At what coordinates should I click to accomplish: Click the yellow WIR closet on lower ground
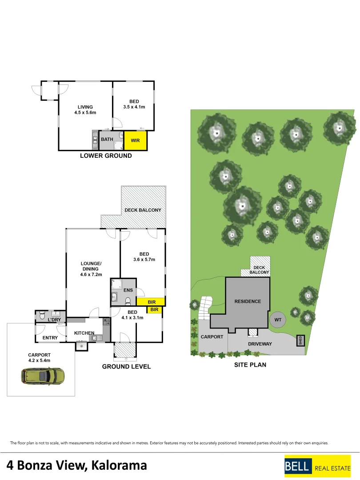[135, 140]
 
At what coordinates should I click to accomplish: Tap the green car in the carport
[43, 376]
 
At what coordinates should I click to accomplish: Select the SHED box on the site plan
[300, 340]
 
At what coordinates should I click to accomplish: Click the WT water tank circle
[278, 320]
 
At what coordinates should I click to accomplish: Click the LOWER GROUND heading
[106, 156]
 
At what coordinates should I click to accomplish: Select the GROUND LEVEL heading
[126, 367]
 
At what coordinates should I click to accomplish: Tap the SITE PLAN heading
[250, 365]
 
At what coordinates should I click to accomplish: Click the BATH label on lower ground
[107, 140]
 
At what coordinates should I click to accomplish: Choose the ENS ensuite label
[128, 290]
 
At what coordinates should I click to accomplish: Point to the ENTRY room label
[50, 338]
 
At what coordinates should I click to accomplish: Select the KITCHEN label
[84, 333]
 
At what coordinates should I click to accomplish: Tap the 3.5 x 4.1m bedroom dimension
[134, 107]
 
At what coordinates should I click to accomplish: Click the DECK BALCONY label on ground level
[143, 210]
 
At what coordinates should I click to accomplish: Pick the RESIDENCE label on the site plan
[248, 301]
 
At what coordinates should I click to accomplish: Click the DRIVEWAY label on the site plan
[260, 344]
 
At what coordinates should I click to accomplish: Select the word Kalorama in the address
[120, 465]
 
